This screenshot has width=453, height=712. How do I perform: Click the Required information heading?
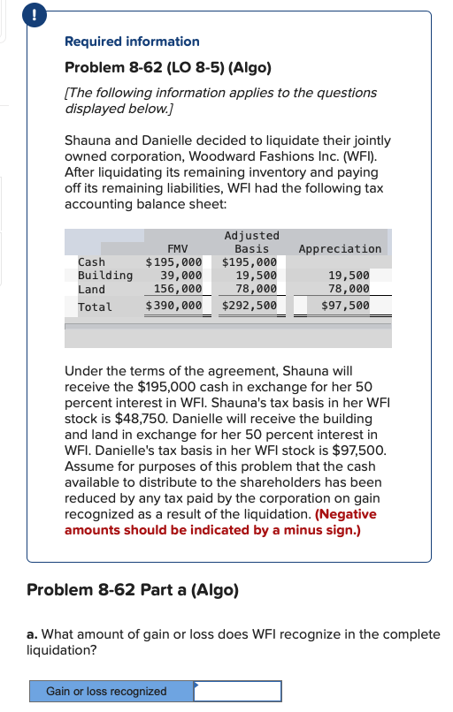pyautogui.click(x=132, y=42)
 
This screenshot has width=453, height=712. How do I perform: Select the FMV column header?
pyautogui.click(x=177, y=249)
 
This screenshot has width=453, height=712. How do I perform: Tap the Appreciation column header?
pyautogui.click(x=341, y=249)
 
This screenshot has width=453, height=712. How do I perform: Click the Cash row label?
pyautogui.click(x=91, y=262)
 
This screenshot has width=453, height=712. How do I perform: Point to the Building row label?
pyautogui.click(x=105, y=276)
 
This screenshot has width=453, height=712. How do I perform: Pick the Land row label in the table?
pyautogui.click(x=91, y=289)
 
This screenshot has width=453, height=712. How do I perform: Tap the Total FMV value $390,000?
pyautogui.click(x=173, y=307)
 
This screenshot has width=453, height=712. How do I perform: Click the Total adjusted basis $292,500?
pyautogui.click(x=250, y=307)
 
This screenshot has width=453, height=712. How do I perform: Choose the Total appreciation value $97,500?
pyautogui.click(x=345, y=307)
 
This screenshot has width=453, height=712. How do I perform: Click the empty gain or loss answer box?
pyautogui.click(x=237, y=691)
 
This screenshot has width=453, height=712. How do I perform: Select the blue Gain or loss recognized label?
pyautogui.click(x=106, y=691)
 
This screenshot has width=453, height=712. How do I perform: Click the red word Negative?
pyautogui.click(x=350, y=514)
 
